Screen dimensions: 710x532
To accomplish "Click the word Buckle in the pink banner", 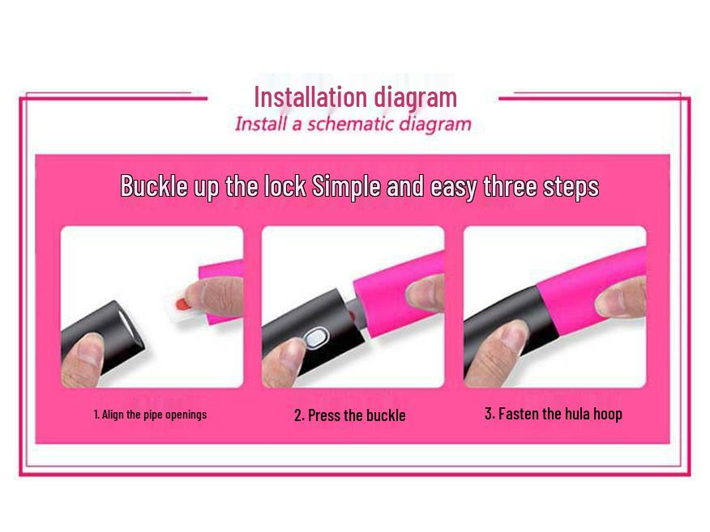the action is pyautogui.click(x=154, y=185).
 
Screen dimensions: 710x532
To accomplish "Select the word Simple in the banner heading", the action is pyautogui.click(x=346, y=186).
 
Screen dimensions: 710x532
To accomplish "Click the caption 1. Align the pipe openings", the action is pyautogui.click(x=150, y=415).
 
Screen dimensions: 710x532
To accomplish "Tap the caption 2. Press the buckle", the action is pyautogui.click(x=349, y=415).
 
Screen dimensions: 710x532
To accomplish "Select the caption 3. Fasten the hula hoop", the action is pyautogui.click(x=554, y=414).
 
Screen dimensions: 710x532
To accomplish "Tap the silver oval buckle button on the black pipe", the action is pyautogui.click(x=315, y=338).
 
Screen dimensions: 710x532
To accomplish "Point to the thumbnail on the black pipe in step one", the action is pyautogui.click(x=90, y=347).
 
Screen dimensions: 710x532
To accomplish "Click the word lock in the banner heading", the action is pyautogui.click(x=284, y=185).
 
